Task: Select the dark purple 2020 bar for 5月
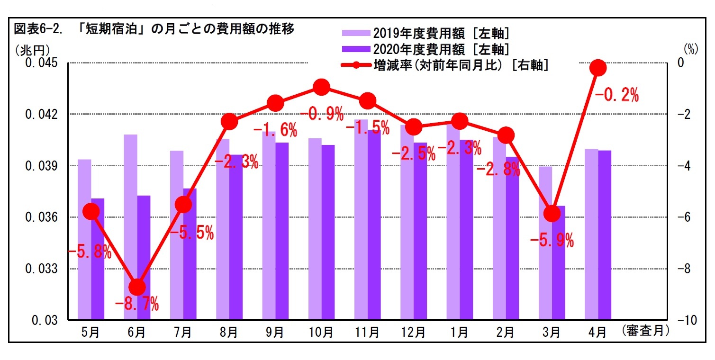click(x=98, y=265)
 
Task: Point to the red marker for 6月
click(x=137, y=287)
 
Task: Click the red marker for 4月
click(x=598, y=68)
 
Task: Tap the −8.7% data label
click(x=137, y=304)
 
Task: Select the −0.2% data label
click(x=616, y=96)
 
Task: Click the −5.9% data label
click(x=552, y=241)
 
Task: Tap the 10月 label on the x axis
click(x=321, y=333)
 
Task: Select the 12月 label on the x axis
click(x=413, y=333)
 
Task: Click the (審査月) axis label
click(x=646, y=331)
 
